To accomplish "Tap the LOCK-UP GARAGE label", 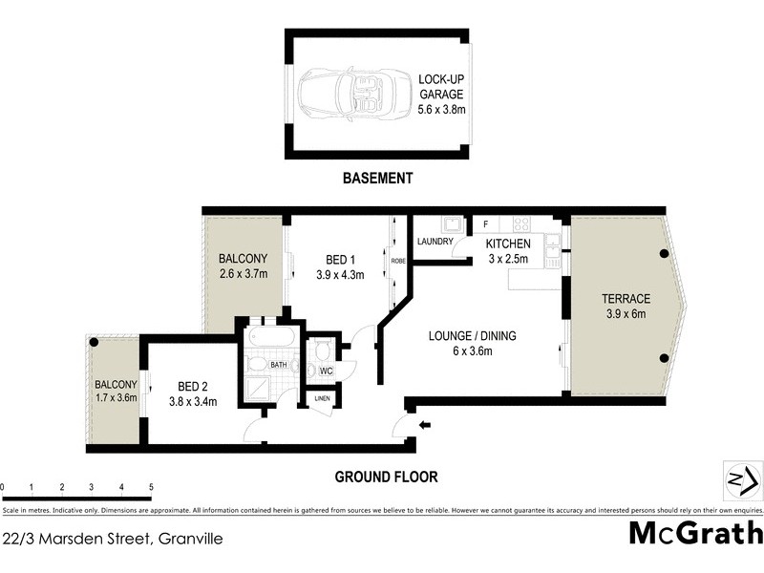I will pos(440,87).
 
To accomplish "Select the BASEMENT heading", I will pos(379,178).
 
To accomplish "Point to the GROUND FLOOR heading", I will pos(386,477).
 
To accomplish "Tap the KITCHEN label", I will pos(507,244).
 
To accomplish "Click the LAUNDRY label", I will pos(434,242).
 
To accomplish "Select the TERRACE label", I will pos(626,298).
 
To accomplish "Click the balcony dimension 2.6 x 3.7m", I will pos(243,274).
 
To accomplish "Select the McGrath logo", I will pos(695,533).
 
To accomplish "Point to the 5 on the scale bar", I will pos(151,487).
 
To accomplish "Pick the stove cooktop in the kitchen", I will pos(521,224).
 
